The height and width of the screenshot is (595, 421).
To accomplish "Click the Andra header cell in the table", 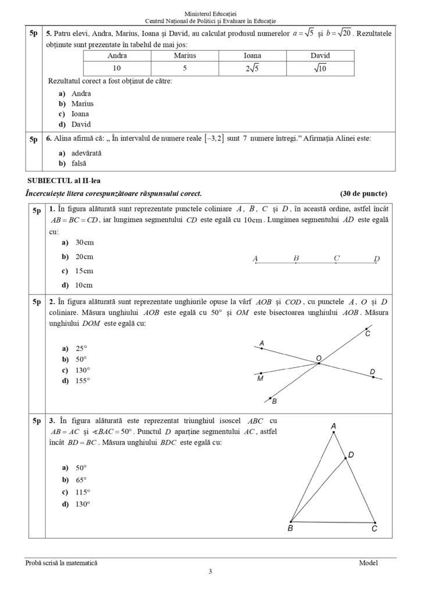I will (117, 56).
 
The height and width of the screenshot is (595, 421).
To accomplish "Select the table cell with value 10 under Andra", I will (117, 68).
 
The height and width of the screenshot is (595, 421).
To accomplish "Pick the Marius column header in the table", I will (185, 56).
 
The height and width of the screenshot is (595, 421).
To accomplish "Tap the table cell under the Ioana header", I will (252, 68).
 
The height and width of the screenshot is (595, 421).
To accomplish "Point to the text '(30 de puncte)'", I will (363, 193).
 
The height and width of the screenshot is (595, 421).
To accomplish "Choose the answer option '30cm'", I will (84, 242).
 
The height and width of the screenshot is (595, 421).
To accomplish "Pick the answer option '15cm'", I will (84, 271).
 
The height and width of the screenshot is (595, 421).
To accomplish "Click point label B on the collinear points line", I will (296, 258).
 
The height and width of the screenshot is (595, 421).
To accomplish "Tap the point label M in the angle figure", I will (260, 379).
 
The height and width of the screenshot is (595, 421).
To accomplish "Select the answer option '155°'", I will (83, 381).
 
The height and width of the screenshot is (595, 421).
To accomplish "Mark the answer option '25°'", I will (81, 349).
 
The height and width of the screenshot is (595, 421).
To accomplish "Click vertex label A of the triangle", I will (333, 426).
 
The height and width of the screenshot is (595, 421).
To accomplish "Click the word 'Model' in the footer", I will (368, 562).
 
